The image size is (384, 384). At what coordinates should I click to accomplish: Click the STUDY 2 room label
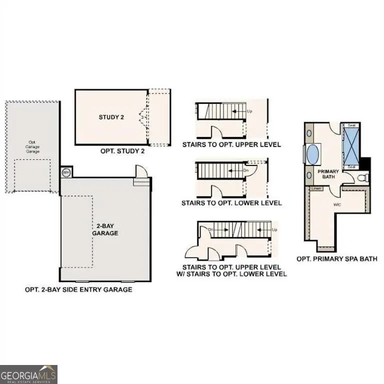111,117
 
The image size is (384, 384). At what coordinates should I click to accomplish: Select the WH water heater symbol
66,172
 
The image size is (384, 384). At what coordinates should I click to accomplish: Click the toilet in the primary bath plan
364,177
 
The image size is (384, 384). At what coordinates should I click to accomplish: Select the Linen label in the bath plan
315,189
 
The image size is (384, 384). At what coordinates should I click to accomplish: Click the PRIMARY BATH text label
328,174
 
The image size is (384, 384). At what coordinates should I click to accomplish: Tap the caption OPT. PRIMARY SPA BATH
337,259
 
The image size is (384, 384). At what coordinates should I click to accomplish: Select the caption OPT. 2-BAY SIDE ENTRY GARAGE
78,289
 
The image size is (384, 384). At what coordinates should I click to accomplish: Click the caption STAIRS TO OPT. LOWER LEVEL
231,203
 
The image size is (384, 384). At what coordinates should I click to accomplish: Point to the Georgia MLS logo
29,374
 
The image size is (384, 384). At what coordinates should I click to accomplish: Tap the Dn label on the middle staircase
245,169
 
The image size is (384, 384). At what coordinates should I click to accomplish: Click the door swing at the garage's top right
141,171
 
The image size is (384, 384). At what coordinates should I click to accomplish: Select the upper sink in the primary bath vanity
308,133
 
